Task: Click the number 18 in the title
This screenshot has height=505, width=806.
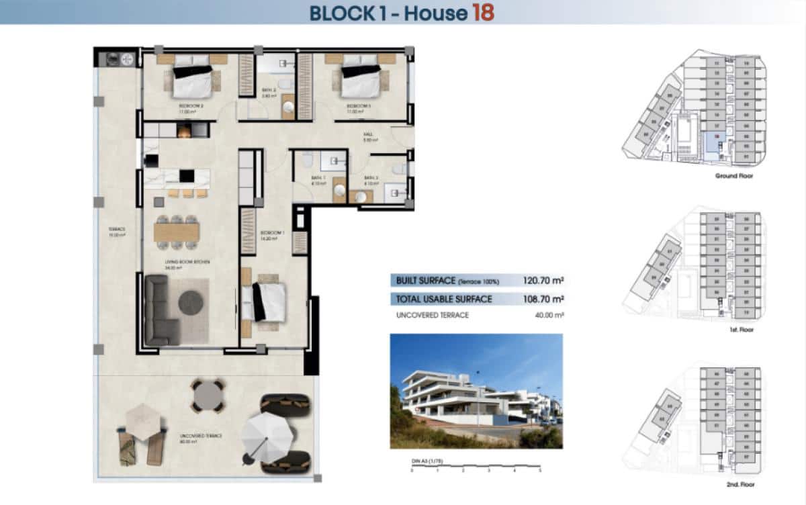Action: click(483, 12)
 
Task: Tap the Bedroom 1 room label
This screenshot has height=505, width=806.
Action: click(273, 233)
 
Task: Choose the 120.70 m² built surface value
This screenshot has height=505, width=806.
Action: click(543, 281)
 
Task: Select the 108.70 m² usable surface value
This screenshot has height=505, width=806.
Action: click(543, 299)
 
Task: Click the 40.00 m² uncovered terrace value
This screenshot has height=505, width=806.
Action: click(549, 315)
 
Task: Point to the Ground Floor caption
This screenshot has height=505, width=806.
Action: click(735, 176)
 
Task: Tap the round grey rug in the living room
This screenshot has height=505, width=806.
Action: click(192, 302)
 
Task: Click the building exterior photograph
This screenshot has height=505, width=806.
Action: click(476, 391)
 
